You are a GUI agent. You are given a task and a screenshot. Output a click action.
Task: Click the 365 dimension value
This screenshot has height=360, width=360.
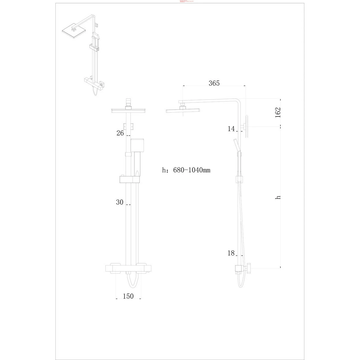[214, 83]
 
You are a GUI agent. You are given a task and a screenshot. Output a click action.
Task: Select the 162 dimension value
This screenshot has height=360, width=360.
[278, 112]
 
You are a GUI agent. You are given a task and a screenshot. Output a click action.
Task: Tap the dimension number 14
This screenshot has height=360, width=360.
[231, 129]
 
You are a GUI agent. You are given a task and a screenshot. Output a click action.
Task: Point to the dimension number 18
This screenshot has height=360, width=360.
[231, 253]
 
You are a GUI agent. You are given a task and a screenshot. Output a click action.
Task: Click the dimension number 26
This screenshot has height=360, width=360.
[120, 133]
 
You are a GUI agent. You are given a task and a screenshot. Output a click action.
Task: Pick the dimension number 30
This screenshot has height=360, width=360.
[120, 202]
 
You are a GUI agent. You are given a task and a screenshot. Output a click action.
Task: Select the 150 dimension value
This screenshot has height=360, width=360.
[128, 296]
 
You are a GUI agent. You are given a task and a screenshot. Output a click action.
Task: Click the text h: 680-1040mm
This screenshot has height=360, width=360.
[186, 170]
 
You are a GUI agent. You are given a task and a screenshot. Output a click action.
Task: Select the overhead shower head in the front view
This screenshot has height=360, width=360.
[129, 111]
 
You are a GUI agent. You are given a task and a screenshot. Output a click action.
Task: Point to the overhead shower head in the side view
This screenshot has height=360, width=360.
[183, 110]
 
